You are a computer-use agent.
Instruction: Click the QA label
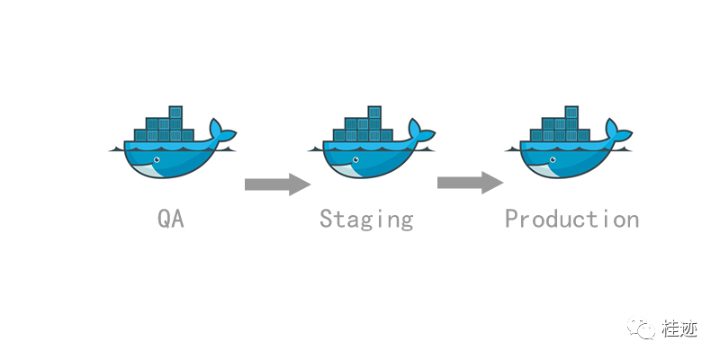[x=171, y=219]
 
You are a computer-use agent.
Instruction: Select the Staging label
[x=366, y=219]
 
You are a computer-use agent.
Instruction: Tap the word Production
[x=571, y=219]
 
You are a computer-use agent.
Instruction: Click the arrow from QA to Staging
[x=278, y=184]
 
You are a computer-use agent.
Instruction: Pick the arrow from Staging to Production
[x=470, y=183]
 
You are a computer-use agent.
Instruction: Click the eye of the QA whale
[x=157, y=160]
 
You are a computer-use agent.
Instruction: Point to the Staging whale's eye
[x=355, y=160]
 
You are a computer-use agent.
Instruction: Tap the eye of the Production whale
[x=553, y=160]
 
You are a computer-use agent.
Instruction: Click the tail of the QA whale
[x=222, y=130]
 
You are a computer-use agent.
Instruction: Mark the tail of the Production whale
[x=618, y=130]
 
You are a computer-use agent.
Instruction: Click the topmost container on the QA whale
[x=175, y=112]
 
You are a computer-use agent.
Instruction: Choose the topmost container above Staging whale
[x=374, y=112]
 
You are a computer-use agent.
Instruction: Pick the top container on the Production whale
[x=571, y=112]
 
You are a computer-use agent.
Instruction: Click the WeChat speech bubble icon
[x=642, y=328]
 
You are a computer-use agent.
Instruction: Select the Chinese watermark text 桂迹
[x=679, y=328]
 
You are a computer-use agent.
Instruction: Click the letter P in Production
[x=511, y=219]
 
